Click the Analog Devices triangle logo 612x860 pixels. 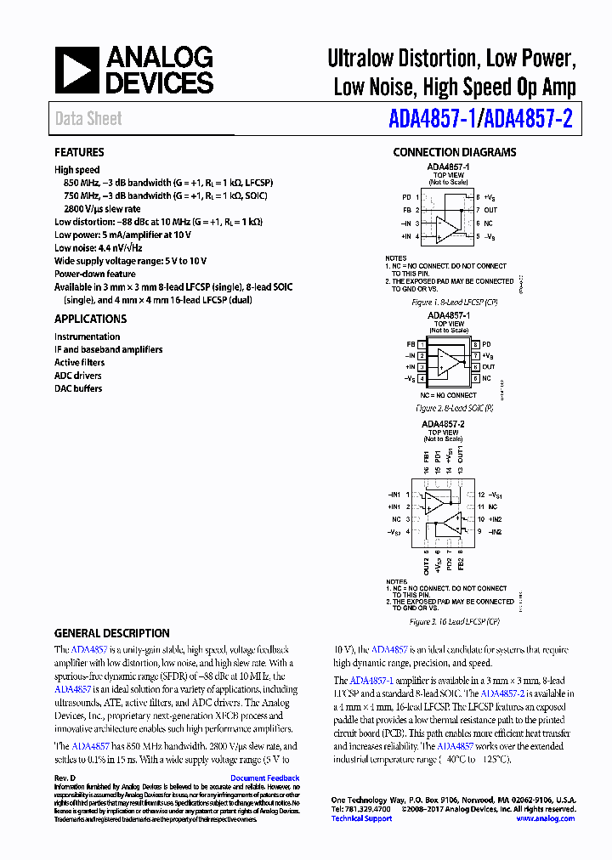coord(76,70)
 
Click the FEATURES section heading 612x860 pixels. coord(79,152)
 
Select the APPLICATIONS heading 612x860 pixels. coord(90,319)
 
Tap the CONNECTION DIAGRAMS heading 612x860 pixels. coord(454,152)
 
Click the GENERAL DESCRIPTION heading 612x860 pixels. coord(111,633)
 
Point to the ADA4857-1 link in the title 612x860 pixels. coord(431,119)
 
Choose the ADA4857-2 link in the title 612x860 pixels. coord(526,119)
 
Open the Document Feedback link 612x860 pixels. coord(264,778)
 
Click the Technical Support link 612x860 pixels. coord(361,818)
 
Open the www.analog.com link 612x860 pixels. coord(544,818)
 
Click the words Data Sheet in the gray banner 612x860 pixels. coord(88,119)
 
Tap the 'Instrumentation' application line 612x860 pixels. coord(87,337)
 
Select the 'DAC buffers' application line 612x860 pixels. coord(78,388)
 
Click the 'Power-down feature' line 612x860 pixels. coord(95,274)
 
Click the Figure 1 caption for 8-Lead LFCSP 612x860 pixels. coord(454,303)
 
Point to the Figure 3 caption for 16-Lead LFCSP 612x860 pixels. coord(454,622)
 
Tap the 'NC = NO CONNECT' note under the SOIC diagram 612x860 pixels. coord(448,395)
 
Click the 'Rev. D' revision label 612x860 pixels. coord(65,778)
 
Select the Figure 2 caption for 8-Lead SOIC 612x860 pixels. coord(454,408)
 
